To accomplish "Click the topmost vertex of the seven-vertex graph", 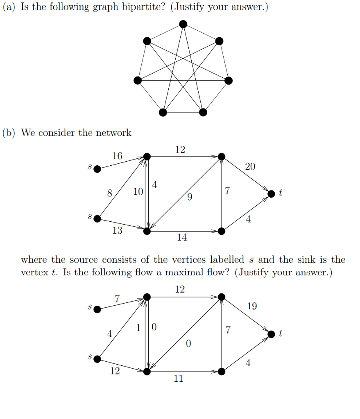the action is tap(183, 24).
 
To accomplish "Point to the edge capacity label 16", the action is tap(117, 156).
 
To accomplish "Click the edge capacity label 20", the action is tap(250, 166).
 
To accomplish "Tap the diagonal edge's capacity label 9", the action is tap(189, 198).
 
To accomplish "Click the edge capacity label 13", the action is tap(117, 230).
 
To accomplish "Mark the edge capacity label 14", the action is tap(182, 237).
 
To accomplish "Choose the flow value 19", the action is tap(252, 306).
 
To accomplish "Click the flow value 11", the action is tap(179, 379).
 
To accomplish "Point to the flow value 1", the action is tap(138, 327).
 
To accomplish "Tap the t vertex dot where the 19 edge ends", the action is tap(271, 334).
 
